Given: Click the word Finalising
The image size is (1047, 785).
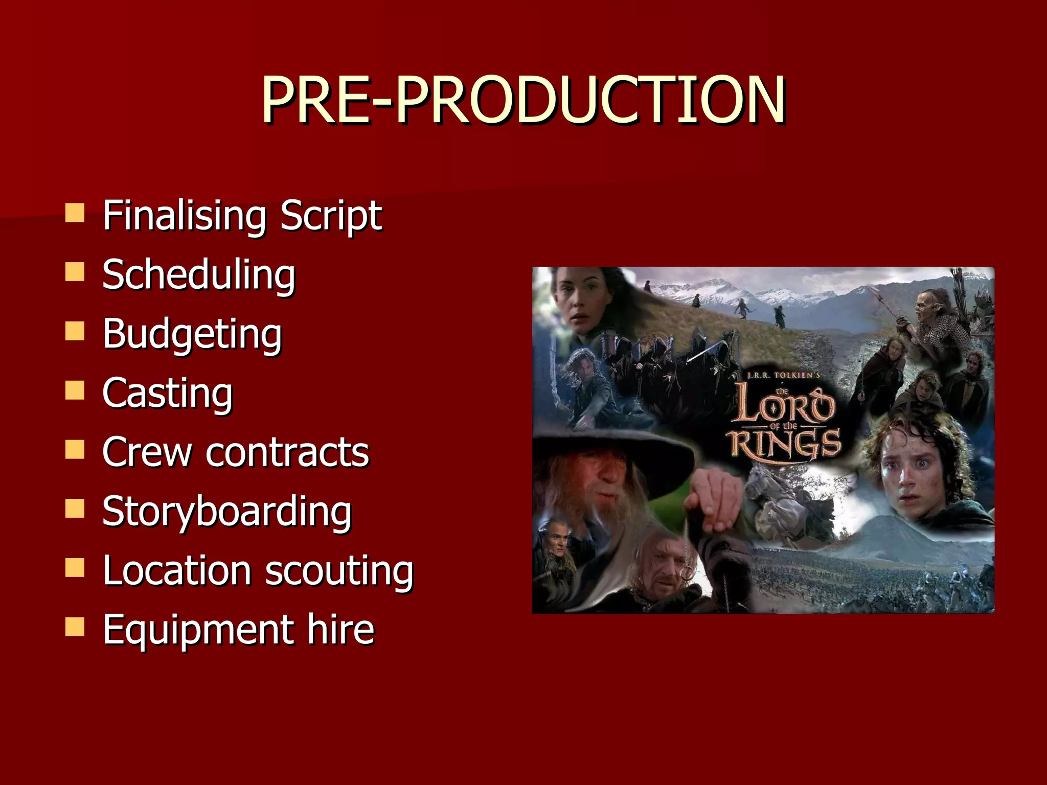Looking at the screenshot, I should click(184, 216).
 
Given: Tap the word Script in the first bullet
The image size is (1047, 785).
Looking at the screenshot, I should click(331, 216).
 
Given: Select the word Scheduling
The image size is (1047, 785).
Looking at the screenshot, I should click(199, 275).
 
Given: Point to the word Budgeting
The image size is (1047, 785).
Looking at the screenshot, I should click(192, 334).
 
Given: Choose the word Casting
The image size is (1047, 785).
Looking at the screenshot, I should click(168, 393).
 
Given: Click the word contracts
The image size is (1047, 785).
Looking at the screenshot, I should click(287, 452).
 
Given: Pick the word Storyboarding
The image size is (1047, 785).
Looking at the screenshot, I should click(227, 512).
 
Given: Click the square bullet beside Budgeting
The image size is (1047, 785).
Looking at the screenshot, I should click(75, 331).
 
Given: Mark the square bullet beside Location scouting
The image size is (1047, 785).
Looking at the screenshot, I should click(75, 568).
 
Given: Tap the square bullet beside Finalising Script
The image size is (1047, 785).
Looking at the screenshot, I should click(75, 213).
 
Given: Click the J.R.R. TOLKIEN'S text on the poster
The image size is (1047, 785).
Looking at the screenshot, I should click(783, 376).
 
